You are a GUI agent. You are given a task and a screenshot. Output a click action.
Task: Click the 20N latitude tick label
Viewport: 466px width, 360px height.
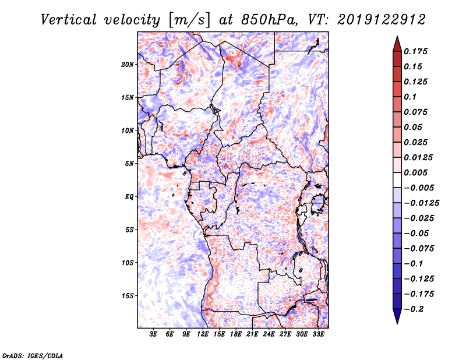[x=128, y=64]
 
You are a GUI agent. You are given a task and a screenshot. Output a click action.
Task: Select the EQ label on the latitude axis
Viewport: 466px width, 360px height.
[x=129, y=197]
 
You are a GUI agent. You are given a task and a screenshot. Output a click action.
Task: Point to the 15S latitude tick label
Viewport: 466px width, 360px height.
[x=128, y=296]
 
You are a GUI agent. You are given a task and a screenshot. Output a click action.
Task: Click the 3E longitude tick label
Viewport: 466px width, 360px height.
[x=154, y=335]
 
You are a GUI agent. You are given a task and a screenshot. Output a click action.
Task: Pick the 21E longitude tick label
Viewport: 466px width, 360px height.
[x=253, y=335]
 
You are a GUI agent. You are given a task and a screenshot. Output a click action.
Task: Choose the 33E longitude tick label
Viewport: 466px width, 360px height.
[x=319, y=335]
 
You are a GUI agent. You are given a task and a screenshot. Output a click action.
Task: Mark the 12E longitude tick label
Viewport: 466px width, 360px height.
[x=203, y=335]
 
